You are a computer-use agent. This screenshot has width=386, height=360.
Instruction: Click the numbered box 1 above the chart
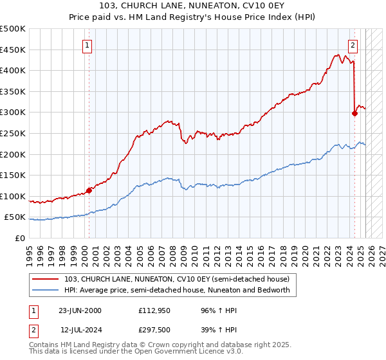click(87, 45)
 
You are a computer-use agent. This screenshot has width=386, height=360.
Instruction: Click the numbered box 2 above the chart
click(353, 45)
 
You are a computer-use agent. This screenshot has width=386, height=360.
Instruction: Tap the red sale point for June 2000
click(89, 190)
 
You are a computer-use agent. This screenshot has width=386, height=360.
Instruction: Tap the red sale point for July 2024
click(354, 113)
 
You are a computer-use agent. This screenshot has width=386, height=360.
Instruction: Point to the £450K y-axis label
click(13, 50)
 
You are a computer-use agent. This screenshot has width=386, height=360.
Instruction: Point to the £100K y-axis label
click(13, 196)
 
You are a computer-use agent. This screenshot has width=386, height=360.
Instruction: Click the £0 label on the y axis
click(19, 238)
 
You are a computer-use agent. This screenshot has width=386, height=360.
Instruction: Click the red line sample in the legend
click(46, 279)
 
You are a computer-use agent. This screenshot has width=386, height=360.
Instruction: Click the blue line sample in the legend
click(46, 290)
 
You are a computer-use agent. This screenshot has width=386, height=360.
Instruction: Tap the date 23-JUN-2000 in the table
click(80, 310)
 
